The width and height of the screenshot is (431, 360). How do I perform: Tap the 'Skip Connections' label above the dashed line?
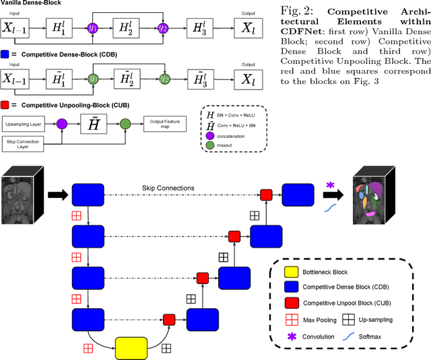[x=168, y=187]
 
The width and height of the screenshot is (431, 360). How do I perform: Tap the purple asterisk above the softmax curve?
[x=330, y=184]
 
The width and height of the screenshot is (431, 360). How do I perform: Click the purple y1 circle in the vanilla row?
[x=92, y=28]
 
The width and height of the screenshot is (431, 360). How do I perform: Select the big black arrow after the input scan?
[x=58, y=195]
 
